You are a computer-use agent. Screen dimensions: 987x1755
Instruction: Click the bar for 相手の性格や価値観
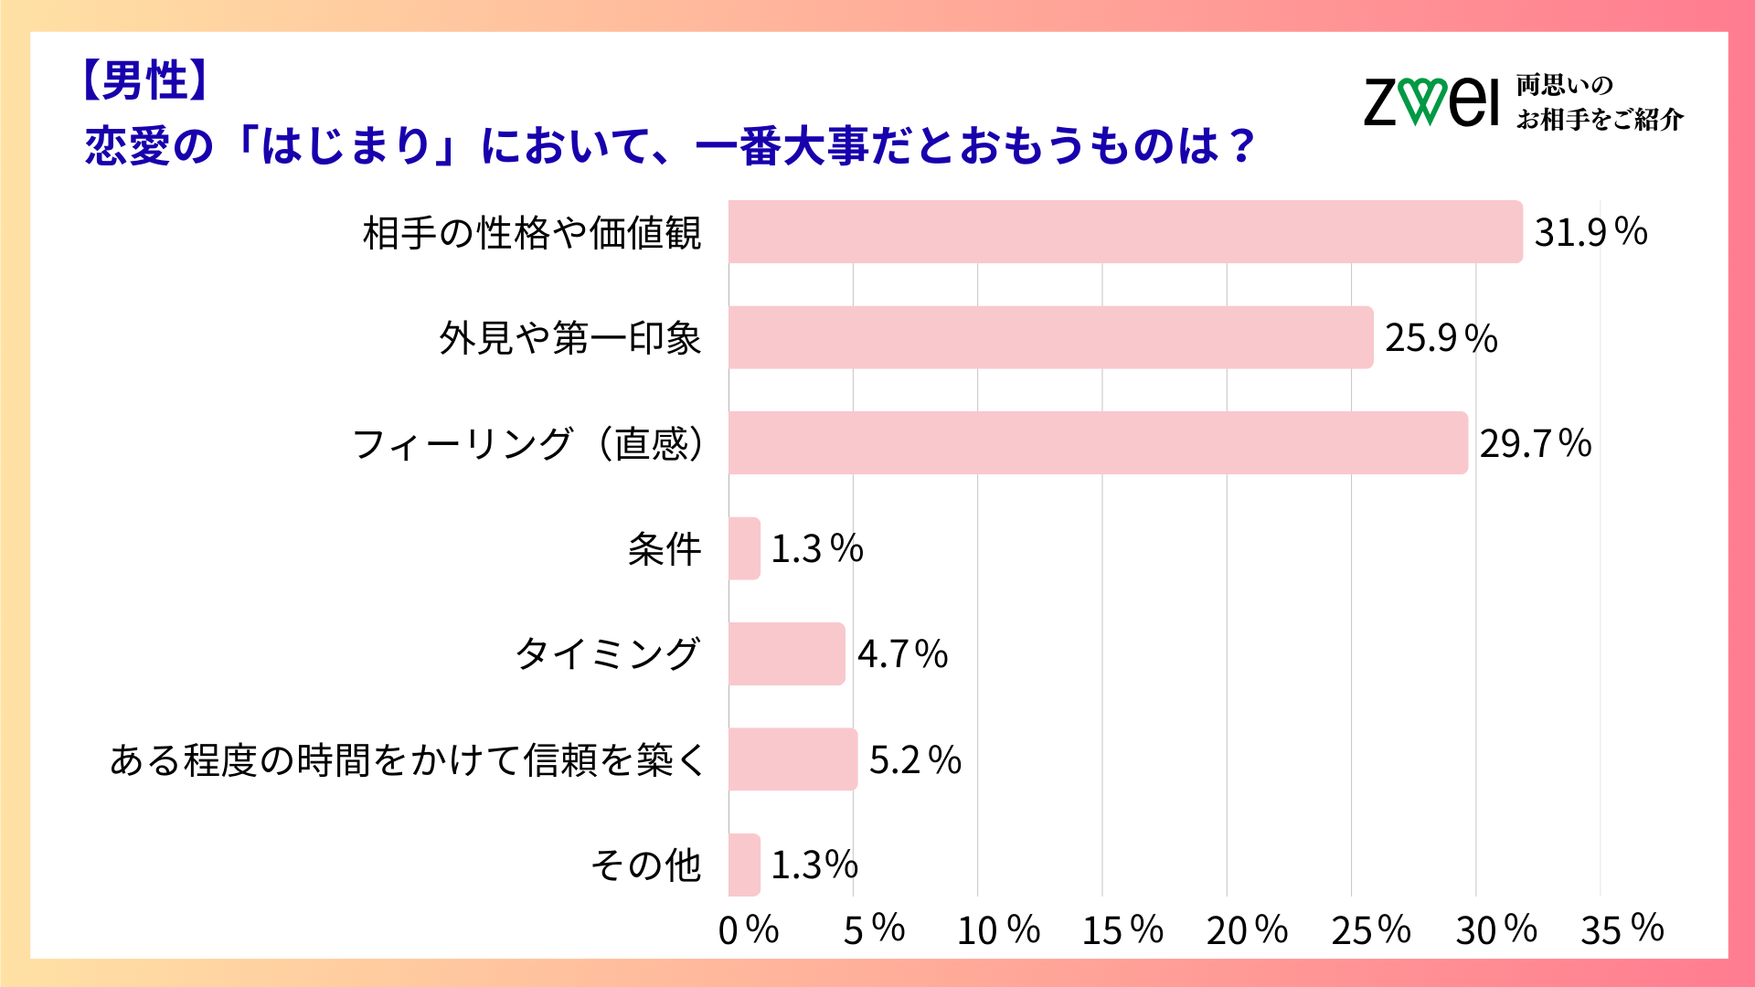click(1125, 232)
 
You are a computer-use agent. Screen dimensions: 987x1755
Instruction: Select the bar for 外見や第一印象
click(1050, 337)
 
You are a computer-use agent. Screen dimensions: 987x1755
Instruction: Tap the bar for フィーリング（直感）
click(1098, 443)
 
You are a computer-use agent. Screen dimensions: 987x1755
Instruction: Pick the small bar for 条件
click(744, 548)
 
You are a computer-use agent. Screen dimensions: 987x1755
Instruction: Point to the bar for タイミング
click(786, 654)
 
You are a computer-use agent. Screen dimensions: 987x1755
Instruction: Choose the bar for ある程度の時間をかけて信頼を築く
click(792, 759)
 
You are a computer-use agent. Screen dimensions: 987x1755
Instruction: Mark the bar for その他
click(744, 865)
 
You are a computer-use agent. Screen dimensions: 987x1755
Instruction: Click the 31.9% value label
click(1590, 232)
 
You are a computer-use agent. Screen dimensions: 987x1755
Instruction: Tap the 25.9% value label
click(1441, 338)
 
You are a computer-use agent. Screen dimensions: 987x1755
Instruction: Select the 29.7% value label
click(1536, 444)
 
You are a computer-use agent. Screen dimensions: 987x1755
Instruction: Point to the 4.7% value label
click(902, 654)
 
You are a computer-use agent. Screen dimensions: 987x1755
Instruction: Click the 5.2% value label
click(915, 760)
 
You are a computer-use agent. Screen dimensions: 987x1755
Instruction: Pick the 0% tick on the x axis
click(748, 930)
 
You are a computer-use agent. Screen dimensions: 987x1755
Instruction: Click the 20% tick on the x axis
click(1247, 930)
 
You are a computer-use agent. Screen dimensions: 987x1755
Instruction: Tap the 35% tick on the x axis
click(1622, 930)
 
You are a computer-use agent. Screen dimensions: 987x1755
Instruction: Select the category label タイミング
click(608, 654)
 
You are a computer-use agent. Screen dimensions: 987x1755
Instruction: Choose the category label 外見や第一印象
click(569, 338)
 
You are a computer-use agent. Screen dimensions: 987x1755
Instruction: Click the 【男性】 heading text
click(144, 80)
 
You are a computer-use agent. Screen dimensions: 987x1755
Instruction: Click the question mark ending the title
click(1241, 146)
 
